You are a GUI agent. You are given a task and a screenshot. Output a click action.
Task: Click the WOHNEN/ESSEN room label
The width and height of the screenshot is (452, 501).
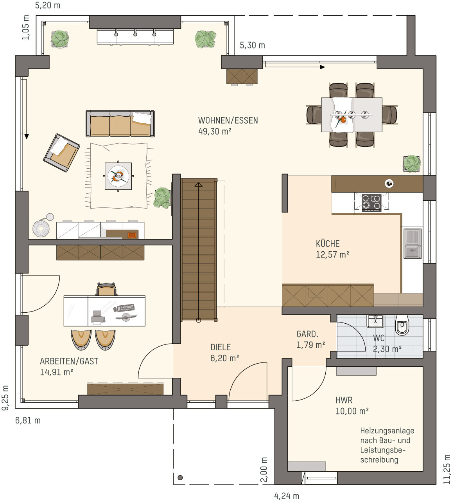click(228, 121)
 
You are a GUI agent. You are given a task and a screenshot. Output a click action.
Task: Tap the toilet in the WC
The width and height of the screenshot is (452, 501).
click(402, 325)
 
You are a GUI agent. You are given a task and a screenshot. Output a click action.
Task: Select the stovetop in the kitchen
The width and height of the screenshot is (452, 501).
click(371, 202)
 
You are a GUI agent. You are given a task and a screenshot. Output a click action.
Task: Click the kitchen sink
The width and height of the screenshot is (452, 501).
click(413, 243)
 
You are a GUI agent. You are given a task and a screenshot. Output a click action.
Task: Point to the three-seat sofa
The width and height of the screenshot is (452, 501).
click(120, 123)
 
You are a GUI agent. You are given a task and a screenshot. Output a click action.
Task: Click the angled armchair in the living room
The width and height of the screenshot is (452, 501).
click(61, 153)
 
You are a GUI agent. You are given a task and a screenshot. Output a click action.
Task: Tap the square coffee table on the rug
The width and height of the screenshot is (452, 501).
click(118, 176)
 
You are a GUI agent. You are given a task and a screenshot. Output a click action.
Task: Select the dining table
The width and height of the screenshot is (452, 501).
click(352, 115)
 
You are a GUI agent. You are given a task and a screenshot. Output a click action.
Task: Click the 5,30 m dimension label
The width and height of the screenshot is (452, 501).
click(252, 45)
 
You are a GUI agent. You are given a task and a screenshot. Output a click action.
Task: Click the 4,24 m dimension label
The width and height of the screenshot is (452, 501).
click(287, 496)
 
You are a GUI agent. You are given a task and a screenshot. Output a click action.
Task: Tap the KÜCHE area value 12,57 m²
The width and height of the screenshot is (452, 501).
click(332, 254)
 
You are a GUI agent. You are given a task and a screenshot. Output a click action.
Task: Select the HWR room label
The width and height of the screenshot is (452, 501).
click(344, 400)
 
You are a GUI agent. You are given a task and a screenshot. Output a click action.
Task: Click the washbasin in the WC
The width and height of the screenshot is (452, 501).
click(375, 321)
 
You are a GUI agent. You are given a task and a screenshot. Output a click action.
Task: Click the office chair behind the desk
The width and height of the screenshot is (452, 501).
click(107, 289)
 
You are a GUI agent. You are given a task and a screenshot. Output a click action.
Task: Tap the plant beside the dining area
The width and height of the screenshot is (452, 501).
click(412, 164)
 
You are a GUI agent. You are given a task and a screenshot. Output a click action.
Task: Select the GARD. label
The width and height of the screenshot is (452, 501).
click(307, 334)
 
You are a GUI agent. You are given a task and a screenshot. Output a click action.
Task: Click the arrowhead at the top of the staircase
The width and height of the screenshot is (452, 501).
click(198, 185)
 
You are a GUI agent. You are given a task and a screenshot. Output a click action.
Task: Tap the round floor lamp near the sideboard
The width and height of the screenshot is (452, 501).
click(41, 228)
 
